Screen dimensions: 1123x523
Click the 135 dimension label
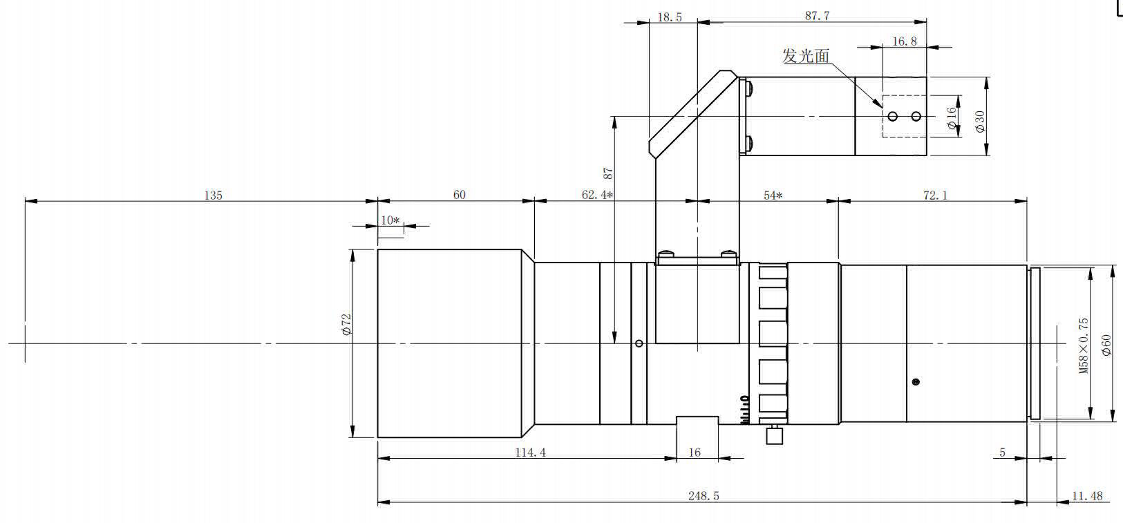click(213, 195)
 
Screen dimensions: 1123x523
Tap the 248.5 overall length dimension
click(704, 496)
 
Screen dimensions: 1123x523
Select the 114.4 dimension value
click(531, 453)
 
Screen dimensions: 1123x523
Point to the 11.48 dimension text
click(1087, 496)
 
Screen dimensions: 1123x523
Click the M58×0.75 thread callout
click(1084, 345)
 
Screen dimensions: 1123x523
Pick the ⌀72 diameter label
click(346, 325)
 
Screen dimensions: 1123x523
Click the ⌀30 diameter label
click(980, 122)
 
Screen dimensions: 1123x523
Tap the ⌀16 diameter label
click(952, 118)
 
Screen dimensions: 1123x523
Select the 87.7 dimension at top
click(817, 15)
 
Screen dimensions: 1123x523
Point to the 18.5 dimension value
click(669, 17)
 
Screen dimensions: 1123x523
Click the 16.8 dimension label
click(905, 41)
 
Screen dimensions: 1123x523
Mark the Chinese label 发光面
click(806, 56)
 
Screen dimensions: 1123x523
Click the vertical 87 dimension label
click(607, 173)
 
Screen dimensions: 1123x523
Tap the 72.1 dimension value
click(936, 195)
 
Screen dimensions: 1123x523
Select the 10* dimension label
click(390, 220)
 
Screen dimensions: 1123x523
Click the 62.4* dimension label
click(597, 195)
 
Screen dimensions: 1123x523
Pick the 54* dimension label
click(773, 195)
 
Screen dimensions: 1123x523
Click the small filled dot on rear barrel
click(916, 381)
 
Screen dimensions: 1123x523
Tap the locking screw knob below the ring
click(775, 435)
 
